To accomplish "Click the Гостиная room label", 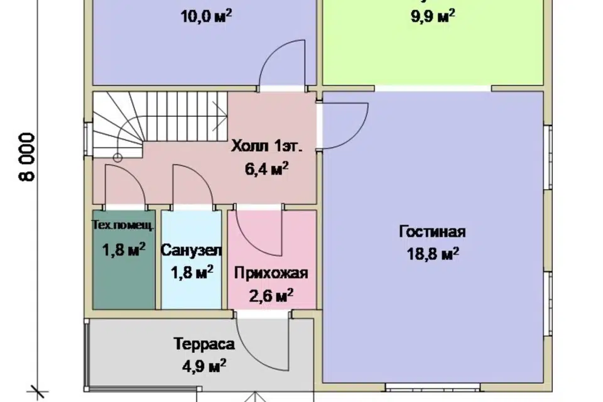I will point(432,232).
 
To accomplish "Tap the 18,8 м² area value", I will point(432,253).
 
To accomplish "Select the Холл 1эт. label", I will point(267,148).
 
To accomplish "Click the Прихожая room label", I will point(271,273).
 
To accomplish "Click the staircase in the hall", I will point(157,122).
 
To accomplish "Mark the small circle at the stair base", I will point(117,157).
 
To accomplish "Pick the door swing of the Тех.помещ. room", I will point(124,185).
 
